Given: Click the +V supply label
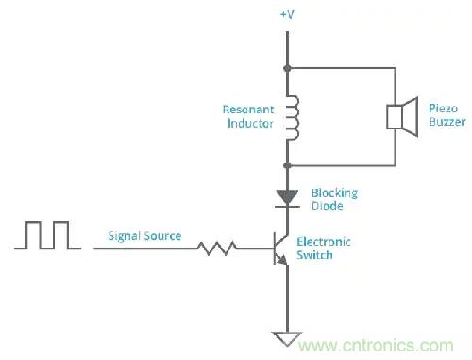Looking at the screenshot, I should pos(287,14).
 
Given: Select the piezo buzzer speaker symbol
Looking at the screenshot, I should pos(400,116).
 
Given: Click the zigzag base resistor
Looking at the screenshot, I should pos(215,249).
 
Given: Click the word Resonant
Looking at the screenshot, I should pos(244,109).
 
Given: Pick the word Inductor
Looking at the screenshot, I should pos(248,123).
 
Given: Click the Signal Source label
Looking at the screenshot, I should pos(144,236).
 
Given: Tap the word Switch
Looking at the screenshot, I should pos(315,255).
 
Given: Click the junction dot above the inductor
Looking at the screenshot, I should pos(287,68).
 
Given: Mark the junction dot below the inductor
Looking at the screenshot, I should pos(287,163).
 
